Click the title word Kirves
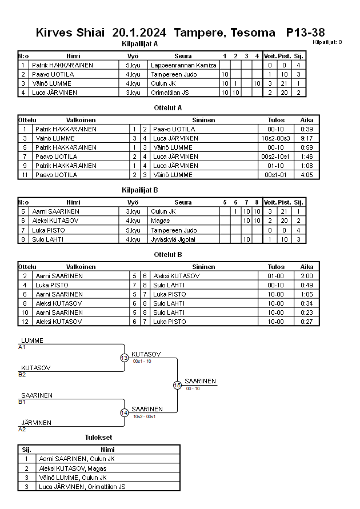click(54, 33)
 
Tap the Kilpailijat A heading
click(140, 44)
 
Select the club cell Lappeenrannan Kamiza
click(183, 65)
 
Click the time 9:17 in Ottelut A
click(307, 138)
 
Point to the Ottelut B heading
click(168, 254)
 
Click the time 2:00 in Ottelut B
click(307, 276)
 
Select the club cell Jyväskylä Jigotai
click(177, 239)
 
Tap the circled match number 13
click(125, 358)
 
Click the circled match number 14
click(125, 413)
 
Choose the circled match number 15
click(177, 386)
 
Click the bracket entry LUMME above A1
click(32, 341)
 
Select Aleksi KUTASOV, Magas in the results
click(72, 468)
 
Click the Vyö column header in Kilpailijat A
click(133, 56)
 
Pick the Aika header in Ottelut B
click(307, 267)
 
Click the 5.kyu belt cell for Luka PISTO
click(133, 230)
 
